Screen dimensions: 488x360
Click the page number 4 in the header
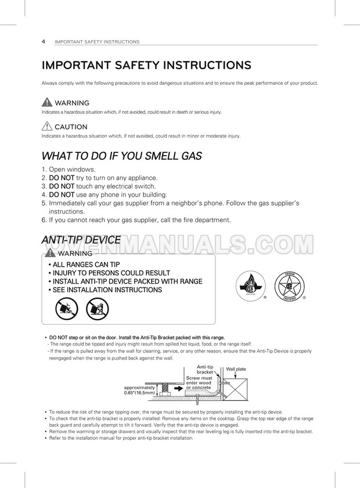click(x=44, y=41)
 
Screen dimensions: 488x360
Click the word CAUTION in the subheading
click(x=71, y=127)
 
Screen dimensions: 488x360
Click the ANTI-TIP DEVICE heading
click(x=81, y=240)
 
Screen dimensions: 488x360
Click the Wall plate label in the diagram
click(x=236, y=369)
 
